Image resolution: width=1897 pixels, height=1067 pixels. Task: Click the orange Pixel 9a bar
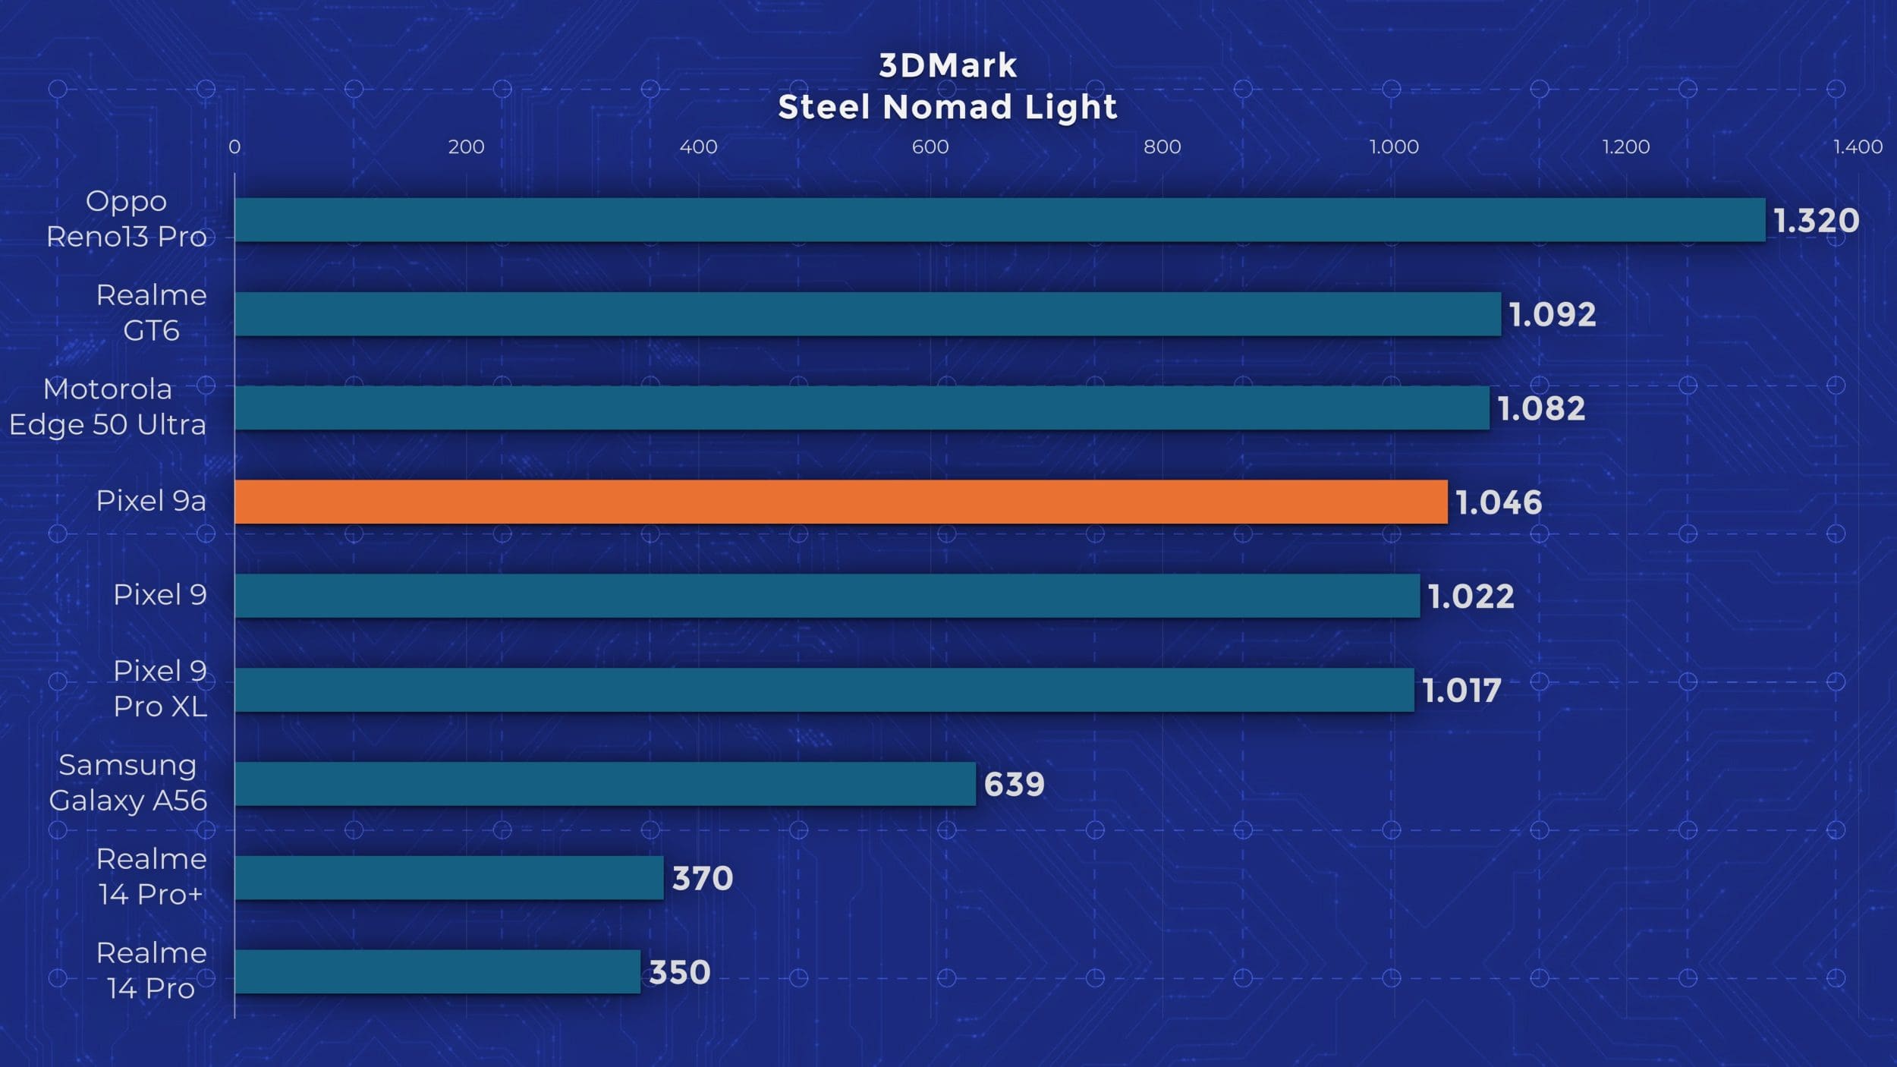click(841, 502)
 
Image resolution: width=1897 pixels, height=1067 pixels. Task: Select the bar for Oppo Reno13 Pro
click(1000, 220)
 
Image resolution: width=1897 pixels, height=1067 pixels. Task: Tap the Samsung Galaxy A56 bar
click(605, 784)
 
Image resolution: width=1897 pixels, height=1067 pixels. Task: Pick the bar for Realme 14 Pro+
click(448, 878)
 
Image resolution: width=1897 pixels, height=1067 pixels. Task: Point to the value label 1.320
click(1816, 221)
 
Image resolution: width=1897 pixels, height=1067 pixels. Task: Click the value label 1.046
click(1499, 502)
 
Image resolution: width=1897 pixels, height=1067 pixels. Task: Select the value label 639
click(1014, 784)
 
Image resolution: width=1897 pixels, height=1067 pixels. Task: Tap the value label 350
click(679, 972)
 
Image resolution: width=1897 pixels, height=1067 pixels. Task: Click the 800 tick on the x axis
click(1162, 146)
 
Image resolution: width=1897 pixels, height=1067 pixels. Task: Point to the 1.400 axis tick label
click(1858, 146)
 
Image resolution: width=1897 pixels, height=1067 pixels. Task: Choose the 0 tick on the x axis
click(234, 146)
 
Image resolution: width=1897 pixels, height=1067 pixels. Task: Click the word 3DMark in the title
click(948, 66)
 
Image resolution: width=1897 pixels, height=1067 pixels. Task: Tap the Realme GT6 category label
click(151, 313)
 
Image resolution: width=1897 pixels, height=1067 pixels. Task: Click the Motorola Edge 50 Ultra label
click(107, 407)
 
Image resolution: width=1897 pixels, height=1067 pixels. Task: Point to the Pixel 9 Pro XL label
click(159, 688)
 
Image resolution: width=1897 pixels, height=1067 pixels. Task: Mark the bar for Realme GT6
click(867, 314)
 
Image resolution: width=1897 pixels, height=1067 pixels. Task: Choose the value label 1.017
click(1461, 691)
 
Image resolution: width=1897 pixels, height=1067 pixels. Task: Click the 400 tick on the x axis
click(698, 146)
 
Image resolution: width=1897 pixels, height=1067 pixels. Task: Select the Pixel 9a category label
click(151, 501)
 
